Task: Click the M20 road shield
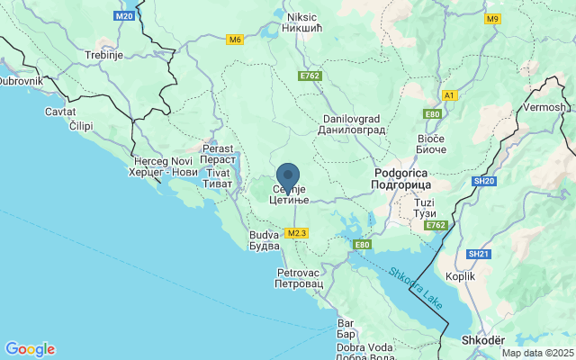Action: click(125, 16)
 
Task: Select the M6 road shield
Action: click(235, 40)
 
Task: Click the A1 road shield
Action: click(450, 94)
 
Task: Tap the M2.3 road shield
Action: click(297, 233)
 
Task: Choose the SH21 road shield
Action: click(479, 255)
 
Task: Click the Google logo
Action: click(30, 349)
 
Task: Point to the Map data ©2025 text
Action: click(536, 353)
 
